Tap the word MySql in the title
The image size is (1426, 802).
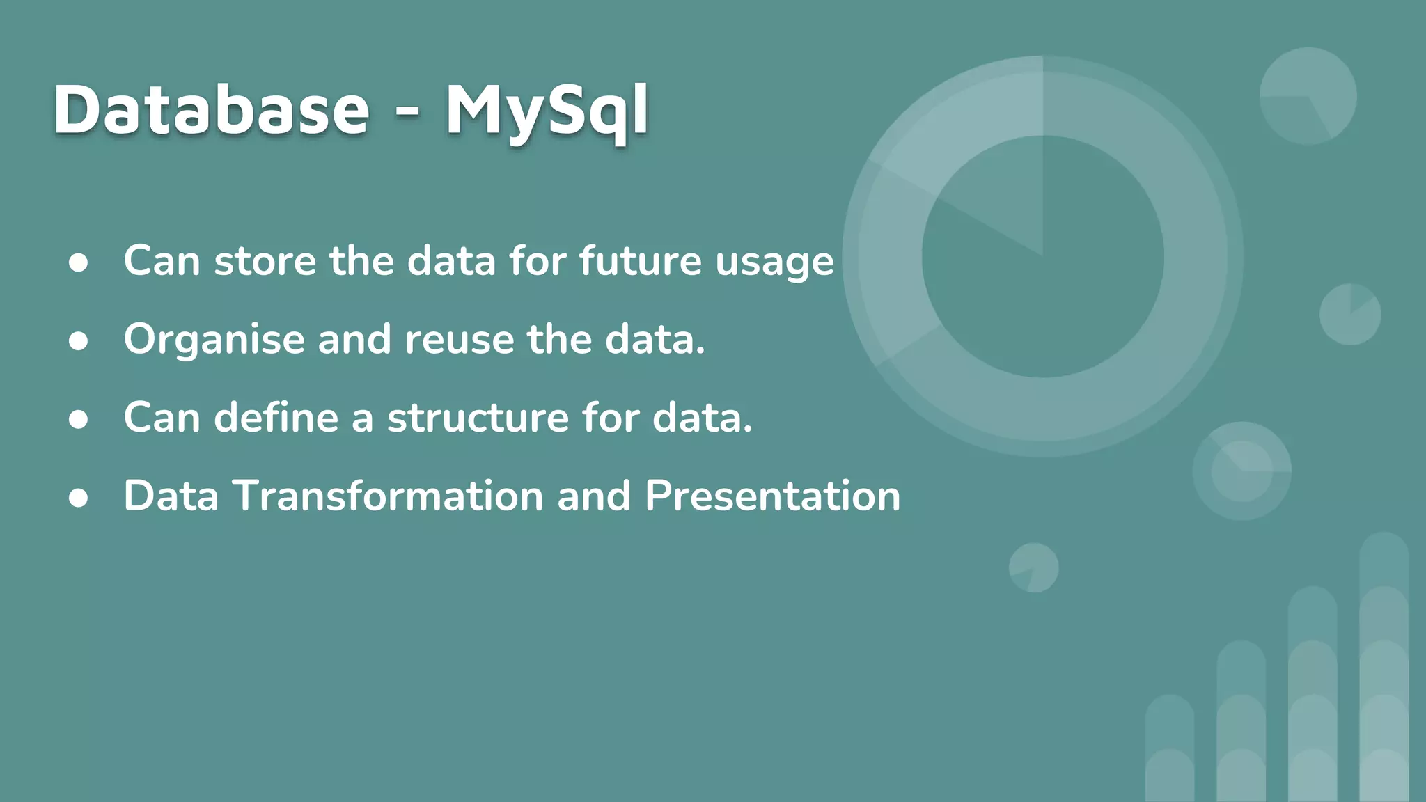547,111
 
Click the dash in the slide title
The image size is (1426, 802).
407,111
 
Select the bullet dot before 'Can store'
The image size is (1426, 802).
79,262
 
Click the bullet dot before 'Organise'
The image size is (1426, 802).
79,341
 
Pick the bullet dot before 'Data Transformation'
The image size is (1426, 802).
79,498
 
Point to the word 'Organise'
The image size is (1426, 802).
214,340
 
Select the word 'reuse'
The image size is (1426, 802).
460,340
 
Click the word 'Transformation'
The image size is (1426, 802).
388,496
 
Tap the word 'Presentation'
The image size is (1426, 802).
772,496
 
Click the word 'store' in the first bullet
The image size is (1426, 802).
265,261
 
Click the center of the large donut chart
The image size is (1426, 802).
1042,256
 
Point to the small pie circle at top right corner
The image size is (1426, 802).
1308,96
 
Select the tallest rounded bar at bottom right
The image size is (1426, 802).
1384,668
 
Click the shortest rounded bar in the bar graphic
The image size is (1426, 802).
1169,748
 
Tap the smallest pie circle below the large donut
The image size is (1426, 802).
1033,567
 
